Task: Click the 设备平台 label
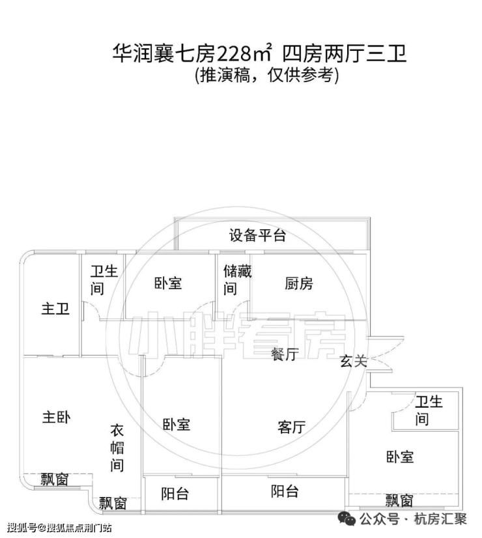tap(257, 235)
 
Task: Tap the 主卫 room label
tap(55, 309)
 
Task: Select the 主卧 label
tap(56, 418)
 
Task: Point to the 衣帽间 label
tap(117, 447)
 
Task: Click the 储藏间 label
tap(237, 280)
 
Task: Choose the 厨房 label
tap(299, 284)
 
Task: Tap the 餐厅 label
tap(285, 354)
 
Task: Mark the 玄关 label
tap(354, 361)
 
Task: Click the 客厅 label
tap(292, 427)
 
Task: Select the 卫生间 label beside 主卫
tap(104, 280)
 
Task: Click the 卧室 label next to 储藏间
tap(168, 283)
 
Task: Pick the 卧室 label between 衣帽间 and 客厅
tap(177, 425)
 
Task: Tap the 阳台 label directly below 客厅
tap(285, 491)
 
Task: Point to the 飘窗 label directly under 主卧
tap(55, 479)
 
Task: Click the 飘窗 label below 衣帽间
tap(113, 503)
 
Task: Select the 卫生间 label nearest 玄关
tap(429, 410)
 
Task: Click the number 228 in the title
tap(234, 54)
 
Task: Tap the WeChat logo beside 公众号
tap(347, 518)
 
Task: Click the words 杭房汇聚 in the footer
tap(440, 518)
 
